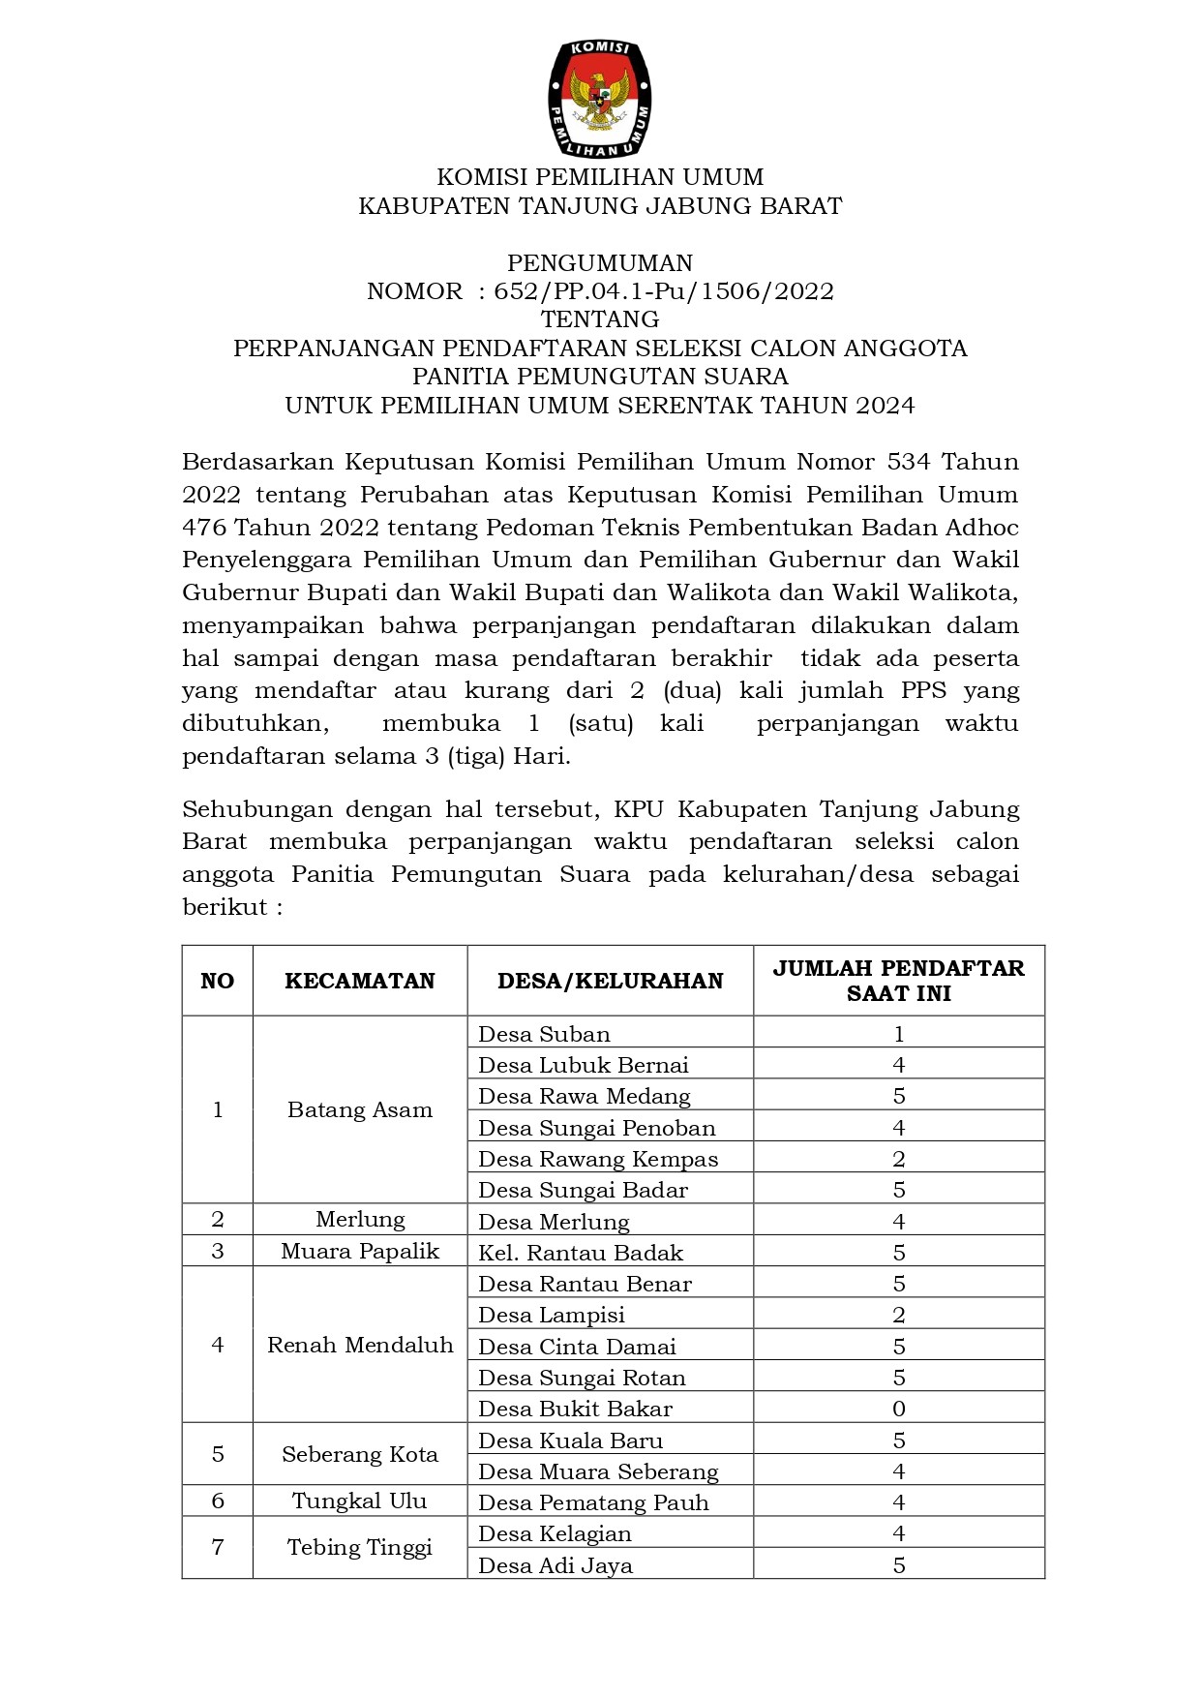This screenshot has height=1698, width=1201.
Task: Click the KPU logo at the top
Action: pos(600,99)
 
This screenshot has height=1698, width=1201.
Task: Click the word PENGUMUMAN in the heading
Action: pos(600,263)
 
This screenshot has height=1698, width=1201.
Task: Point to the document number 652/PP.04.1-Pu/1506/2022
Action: pos(664,291)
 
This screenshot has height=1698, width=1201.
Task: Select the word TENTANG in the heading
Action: pos(600,319)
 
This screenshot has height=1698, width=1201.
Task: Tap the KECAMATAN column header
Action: pos(360,981)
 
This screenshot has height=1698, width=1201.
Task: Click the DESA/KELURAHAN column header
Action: pos(610,981)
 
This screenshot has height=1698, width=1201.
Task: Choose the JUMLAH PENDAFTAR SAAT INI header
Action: pos(898,981)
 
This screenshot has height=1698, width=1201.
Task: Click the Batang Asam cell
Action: pos(360,1109)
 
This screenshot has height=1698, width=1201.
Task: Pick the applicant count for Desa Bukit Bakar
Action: pos(899,1409)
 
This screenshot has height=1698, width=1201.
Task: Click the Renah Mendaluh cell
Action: pos(360,1345)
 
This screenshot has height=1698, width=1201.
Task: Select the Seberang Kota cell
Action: pos(360,1454)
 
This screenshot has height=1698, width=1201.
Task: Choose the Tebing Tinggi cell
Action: pos(360,1547)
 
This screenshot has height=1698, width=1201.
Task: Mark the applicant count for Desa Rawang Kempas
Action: pos(899,1159)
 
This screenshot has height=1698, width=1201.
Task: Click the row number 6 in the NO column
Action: pos(218,1501)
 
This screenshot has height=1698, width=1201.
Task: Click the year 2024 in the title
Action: pos(886,406)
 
